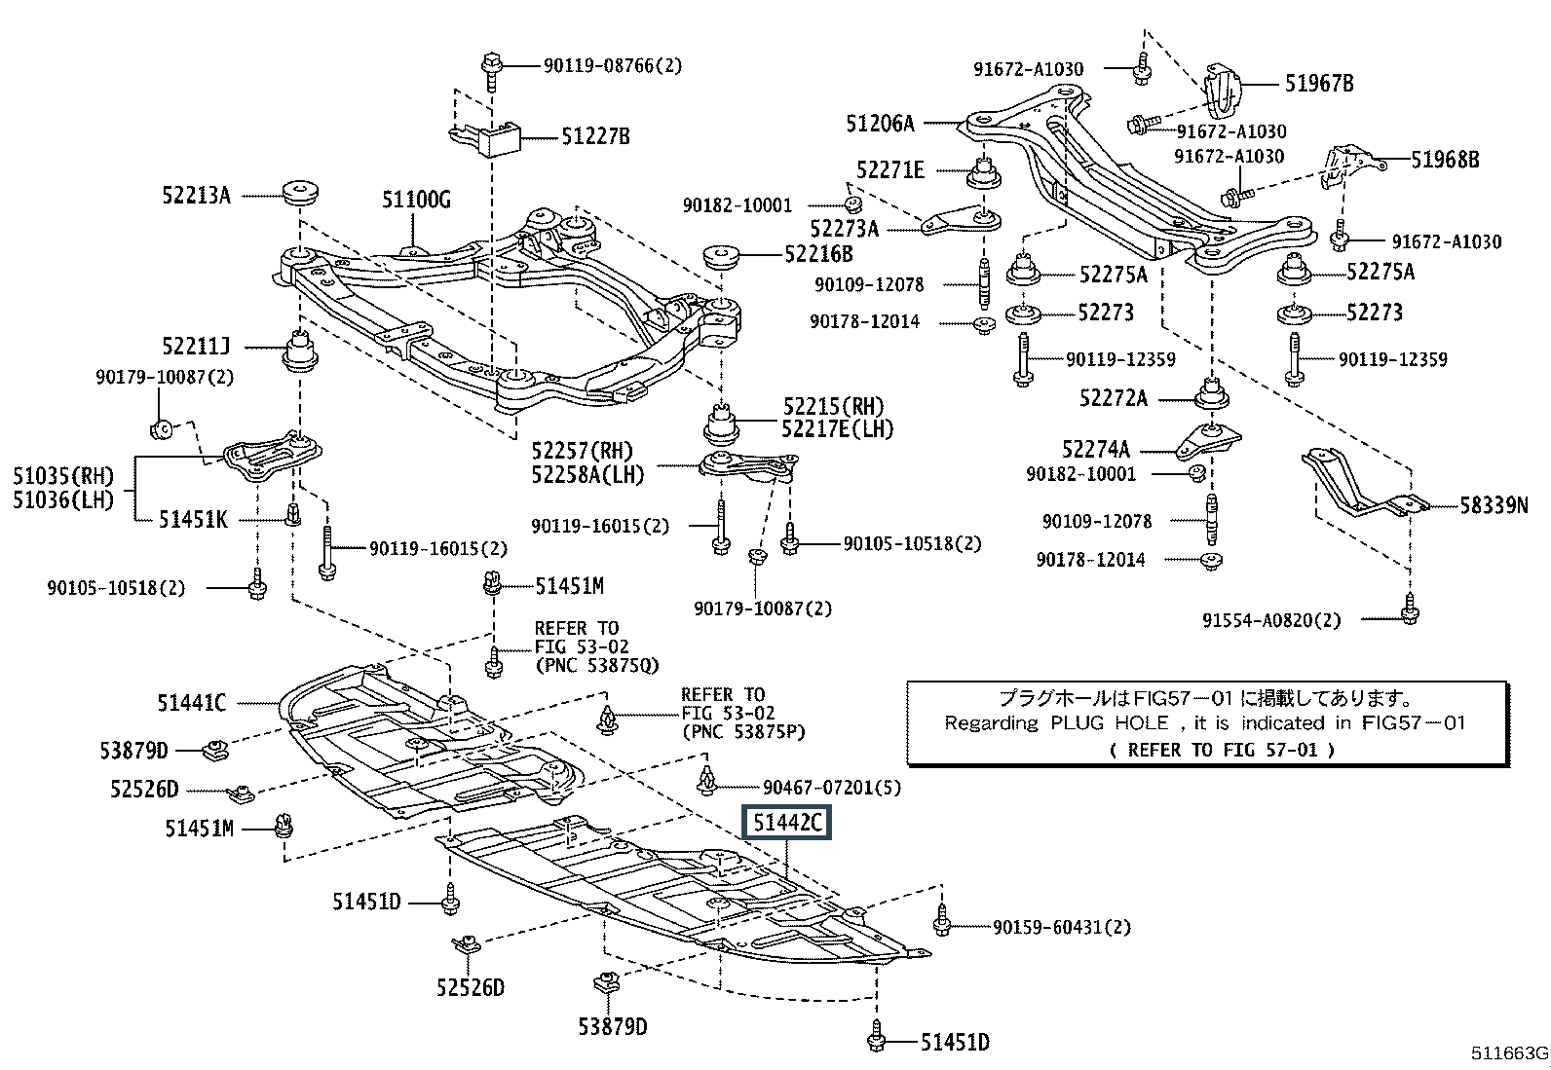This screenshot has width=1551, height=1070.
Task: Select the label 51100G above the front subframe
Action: [x=416, y=202]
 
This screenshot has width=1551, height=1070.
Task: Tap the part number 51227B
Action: [x=595, y=137]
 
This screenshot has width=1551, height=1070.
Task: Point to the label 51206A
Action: [x=880, y=124]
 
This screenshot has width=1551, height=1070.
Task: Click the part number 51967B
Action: [x=1318, y=84]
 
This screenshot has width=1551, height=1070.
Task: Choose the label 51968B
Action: [x=1445, y=159]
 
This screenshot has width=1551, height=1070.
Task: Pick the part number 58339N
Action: [x=1494, y=504]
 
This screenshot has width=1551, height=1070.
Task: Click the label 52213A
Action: [x=196, y=196]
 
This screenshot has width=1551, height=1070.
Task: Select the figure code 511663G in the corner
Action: [x=1509, y=1053]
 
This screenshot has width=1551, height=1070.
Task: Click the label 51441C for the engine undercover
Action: [x=191, y=702]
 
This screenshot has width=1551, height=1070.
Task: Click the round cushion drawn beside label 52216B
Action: [x=723, y=260]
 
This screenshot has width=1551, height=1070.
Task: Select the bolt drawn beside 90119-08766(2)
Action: [x=491, y=70]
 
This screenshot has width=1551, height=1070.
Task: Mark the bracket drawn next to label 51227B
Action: [x=487, y=137]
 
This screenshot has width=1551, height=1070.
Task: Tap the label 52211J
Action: [x=196, y=346]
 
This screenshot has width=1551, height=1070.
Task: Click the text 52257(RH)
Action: [x=582, y=451]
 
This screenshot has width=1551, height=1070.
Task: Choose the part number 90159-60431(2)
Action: [x=1062, y=927]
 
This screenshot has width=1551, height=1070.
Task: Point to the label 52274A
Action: [x=1096, y=449]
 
